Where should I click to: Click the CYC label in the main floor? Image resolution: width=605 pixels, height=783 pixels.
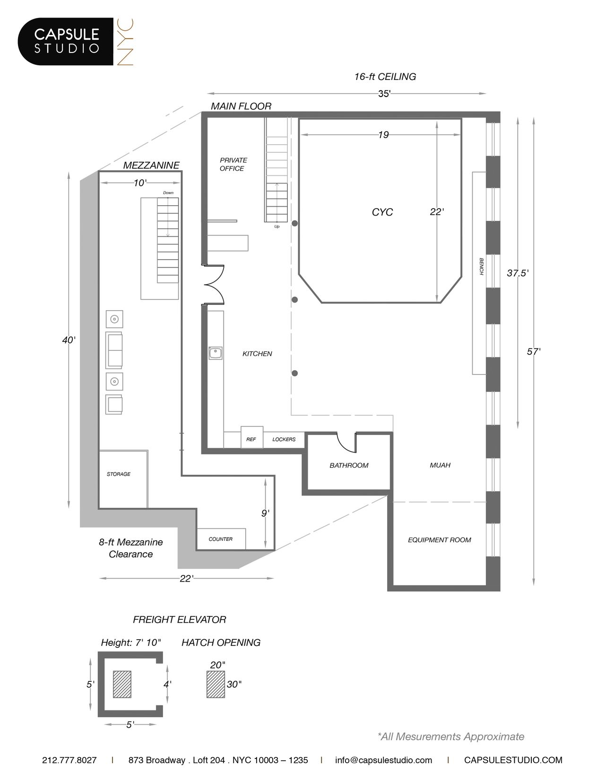(382, 212)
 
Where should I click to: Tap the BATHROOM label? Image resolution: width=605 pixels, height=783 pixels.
(349, 465)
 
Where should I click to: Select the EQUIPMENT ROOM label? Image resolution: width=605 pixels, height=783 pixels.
(439, 540)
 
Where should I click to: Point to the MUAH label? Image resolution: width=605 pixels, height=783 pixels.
(440, 465)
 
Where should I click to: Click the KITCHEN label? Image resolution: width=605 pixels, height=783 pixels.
(257, 354)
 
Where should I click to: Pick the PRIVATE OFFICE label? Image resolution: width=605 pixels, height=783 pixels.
(233, 164)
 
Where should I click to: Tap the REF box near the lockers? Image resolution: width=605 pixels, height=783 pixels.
(251, 439)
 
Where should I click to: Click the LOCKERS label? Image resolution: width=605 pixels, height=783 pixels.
(284, 439)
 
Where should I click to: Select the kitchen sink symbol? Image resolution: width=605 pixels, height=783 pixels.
(216, 353)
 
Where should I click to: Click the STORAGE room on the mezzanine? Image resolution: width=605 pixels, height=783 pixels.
(119, 474)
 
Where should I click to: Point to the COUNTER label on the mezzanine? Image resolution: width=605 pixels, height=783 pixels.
(220, 539)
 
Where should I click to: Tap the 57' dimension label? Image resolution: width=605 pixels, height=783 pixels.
(534, 352)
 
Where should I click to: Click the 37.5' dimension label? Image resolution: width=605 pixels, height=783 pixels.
(518, 273)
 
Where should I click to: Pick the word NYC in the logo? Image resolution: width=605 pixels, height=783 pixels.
(126, 42)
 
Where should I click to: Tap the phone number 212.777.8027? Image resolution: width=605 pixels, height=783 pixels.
(69, 760)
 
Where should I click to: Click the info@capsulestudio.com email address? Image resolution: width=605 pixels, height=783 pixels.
(383, 760)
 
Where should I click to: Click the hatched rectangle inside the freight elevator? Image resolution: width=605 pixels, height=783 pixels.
(122, 684)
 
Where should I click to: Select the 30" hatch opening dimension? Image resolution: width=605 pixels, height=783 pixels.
(233, 684)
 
